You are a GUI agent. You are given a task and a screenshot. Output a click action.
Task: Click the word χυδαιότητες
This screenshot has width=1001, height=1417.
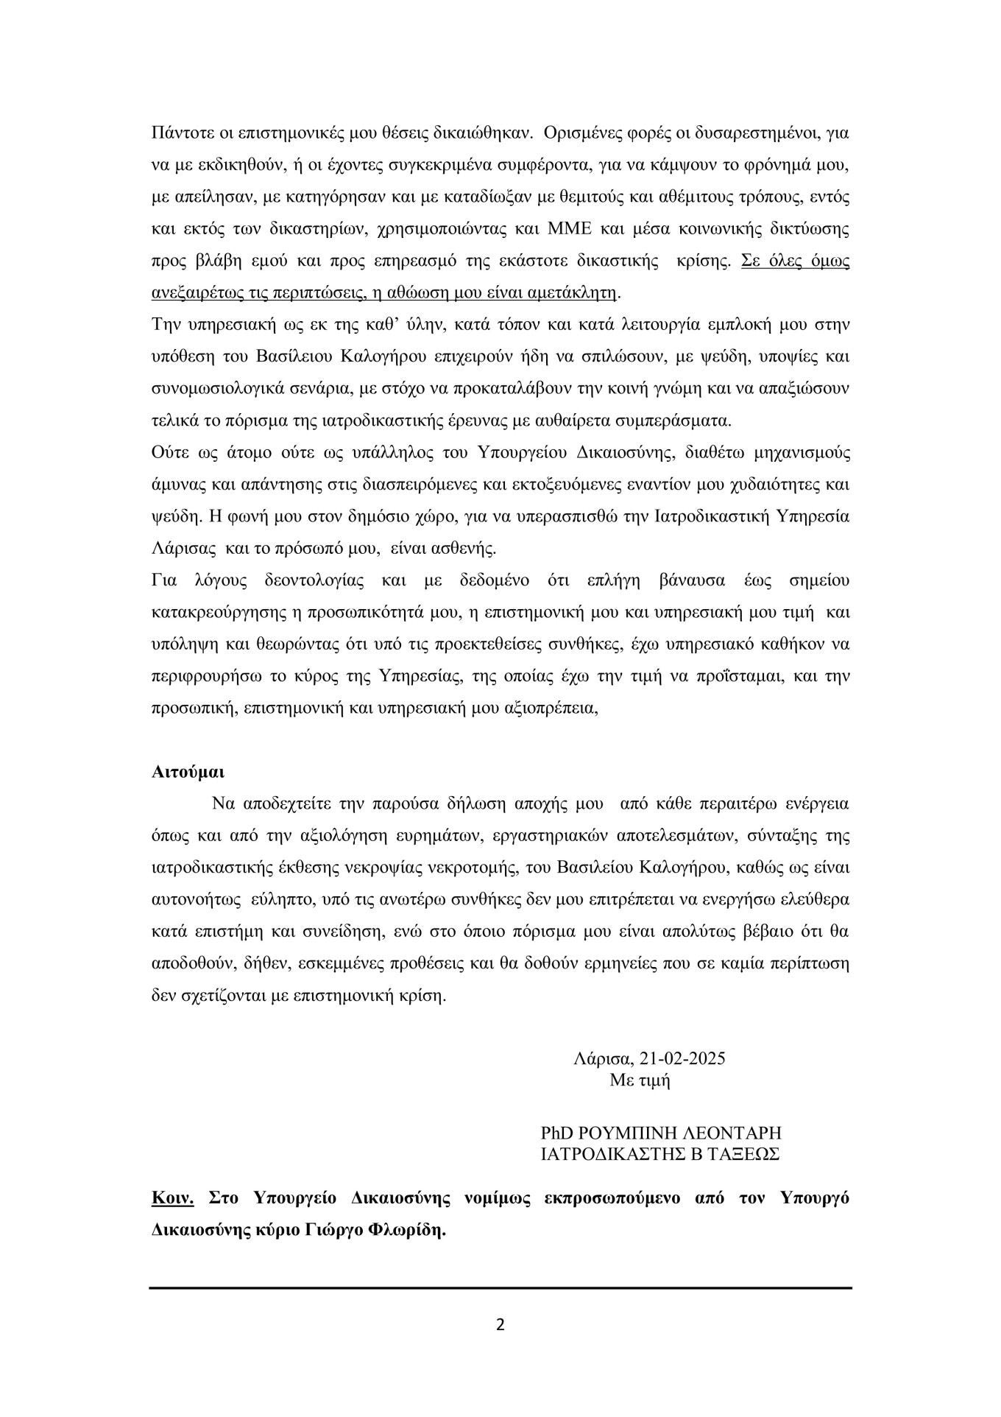point(782,485)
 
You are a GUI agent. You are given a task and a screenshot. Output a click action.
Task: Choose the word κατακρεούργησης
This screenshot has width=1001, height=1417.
point(211,612)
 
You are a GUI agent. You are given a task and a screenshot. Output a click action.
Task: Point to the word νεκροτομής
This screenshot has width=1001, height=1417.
point(461,868)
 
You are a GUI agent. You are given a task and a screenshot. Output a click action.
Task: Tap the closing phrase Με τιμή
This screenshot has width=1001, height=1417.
point(640,1080)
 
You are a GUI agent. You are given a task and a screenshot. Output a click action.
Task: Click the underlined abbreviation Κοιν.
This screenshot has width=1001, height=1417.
point(172,1198)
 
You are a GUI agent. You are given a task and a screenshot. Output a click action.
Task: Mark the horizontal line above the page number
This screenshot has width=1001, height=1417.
point(501,1288)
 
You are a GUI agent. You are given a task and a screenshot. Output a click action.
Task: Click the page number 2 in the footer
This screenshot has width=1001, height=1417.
point(501,1326)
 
